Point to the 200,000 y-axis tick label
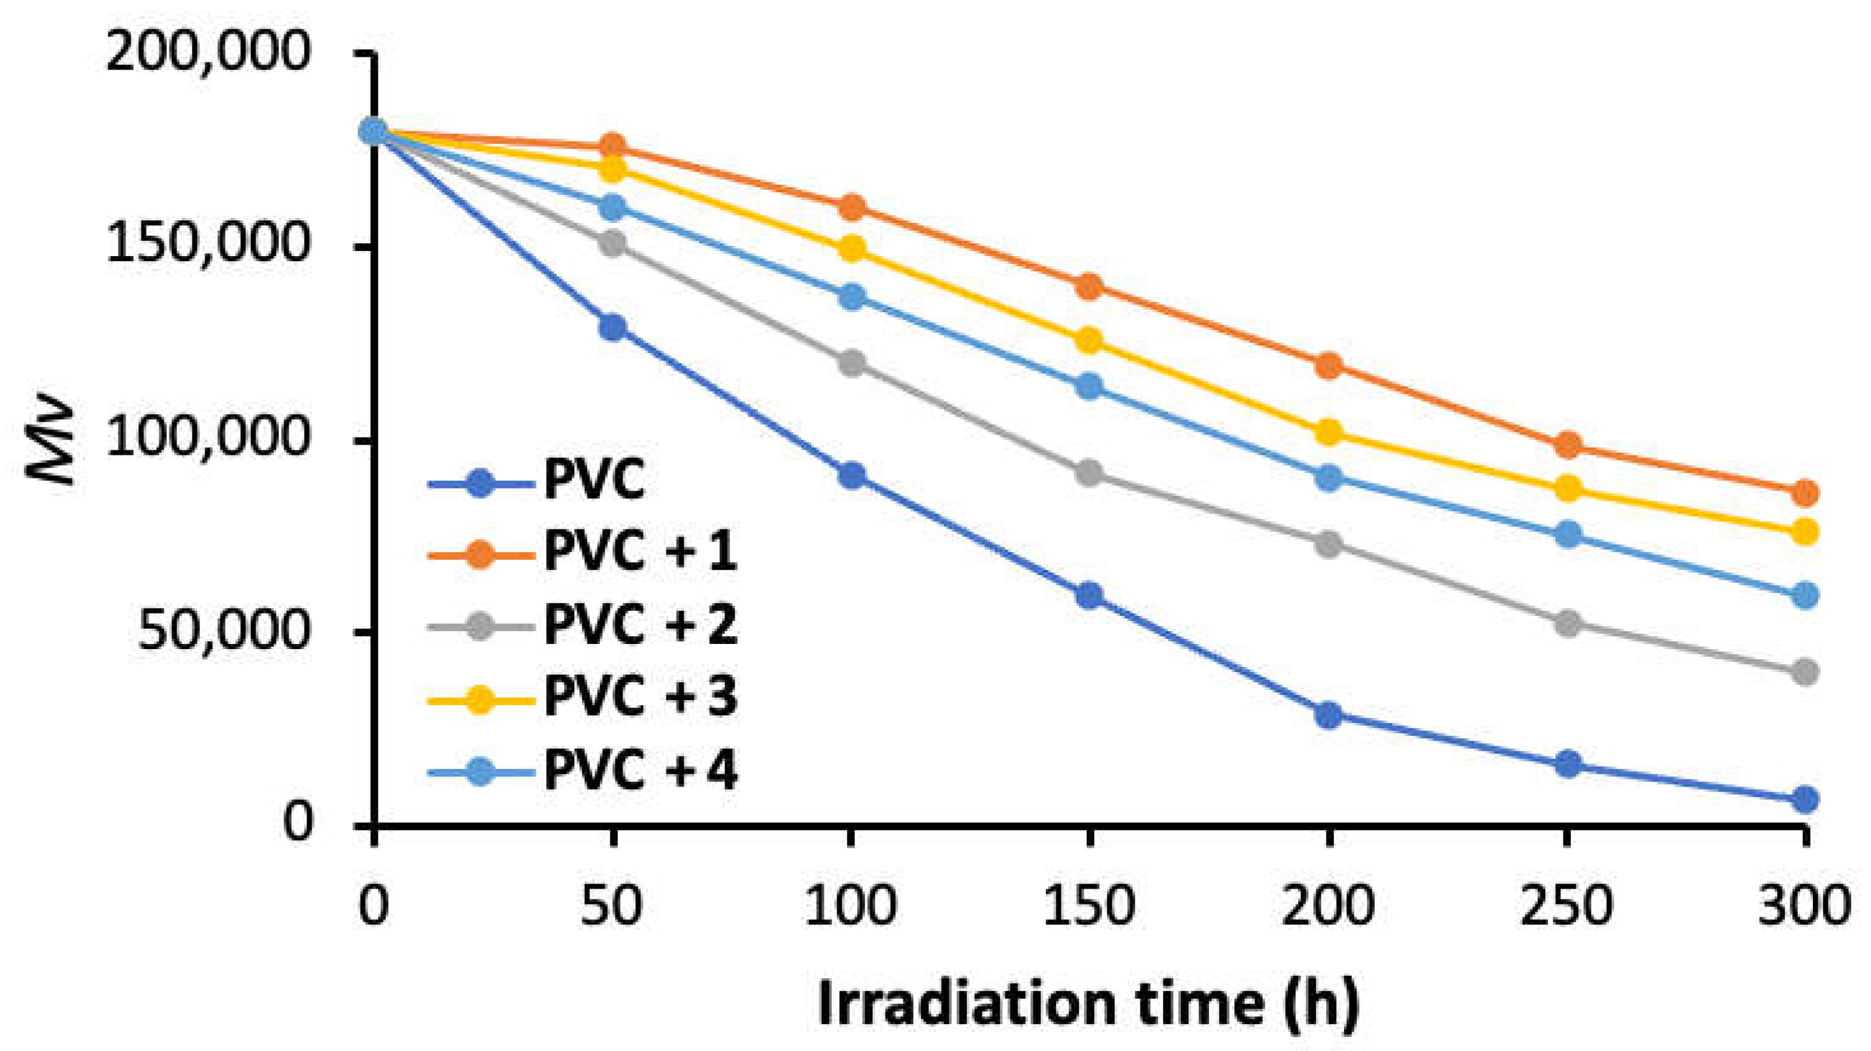point(208,52)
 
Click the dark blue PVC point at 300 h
point(1805,799)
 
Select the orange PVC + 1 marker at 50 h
point(612,147)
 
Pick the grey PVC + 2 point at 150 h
point(1088,473)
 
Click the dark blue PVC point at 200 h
point(1328,715)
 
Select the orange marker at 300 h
point(1805,493)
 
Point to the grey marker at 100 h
point(850,362)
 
